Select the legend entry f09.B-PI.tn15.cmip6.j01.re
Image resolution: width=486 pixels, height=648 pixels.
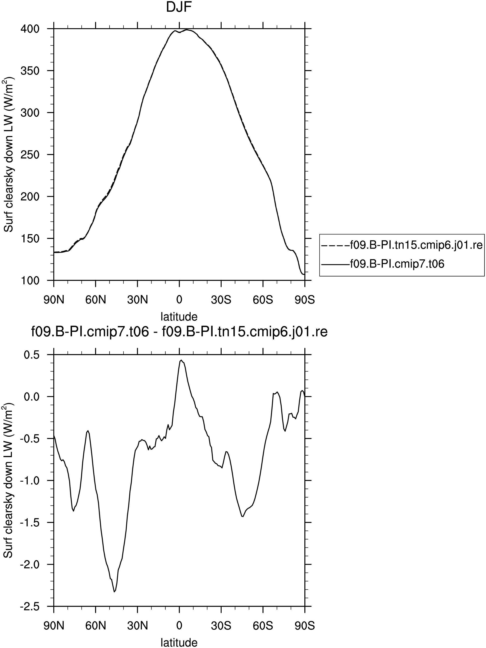tap(402, 245)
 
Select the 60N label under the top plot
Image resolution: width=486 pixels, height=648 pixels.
tap(96, 300)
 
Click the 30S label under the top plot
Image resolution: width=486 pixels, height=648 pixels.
tap(221, 300)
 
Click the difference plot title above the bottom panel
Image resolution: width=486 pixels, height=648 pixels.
tap(179, 332)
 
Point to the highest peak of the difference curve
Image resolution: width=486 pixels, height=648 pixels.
tap(181, 360)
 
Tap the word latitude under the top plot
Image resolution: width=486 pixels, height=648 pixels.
tap(179, 316)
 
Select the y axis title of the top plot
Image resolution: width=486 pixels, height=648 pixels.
tap(9, 155)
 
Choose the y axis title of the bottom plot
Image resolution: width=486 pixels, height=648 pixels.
tap(9, 480)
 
